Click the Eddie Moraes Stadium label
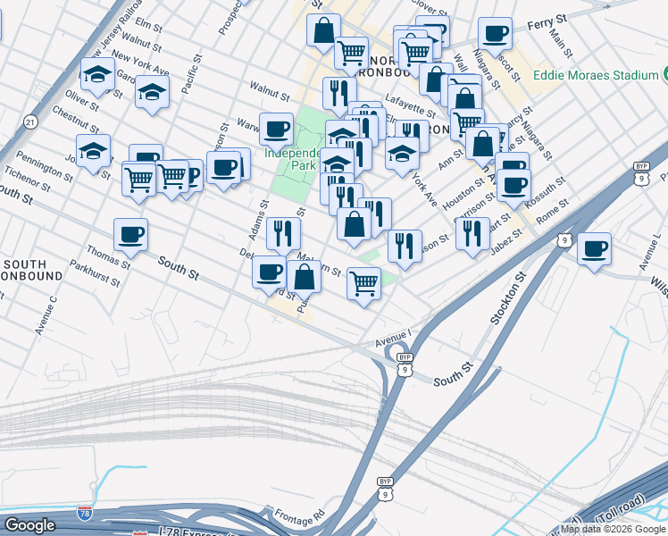point(596,76)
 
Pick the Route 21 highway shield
point(30,121)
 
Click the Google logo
point(29,525)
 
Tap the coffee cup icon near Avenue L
point(594,249)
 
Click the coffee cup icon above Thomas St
point(131,235)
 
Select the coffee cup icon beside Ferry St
point(494,34)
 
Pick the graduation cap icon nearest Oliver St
point(96,74)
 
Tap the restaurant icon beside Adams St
point(283,234)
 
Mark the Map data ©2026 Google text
point(614,529)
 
